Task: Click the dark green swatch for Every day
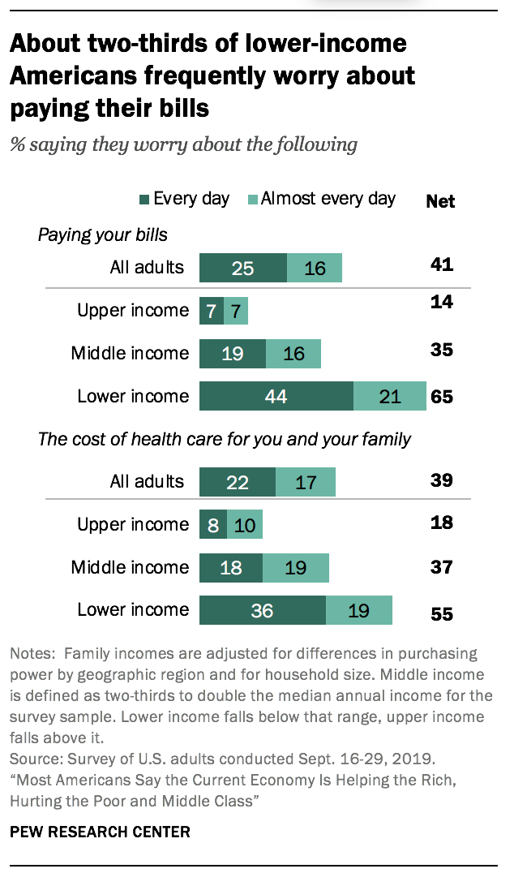click(145, 200)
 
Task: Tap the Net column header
click(440, 201)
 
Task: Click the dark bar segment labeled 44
click(276, 397)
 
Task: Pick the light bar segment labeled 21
click(390, 397)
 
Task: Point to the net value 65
click(442, 398)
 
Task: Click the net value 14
click(442, 302)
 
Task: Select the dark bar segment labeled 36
click(263, 610)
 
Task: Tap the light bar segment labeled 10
click(244, 525)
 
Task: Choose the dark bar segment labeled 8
click(213, 525)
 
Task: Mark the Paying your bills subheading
click(103, 235)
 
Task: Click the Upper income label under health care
click(133, 525)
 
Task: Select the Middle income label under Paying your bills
click(130, 353)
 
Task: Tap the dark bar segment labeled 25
click(243, 267)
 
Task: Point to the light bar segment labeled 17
click(306, 482)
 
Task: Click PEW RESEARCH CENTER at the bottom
click(101, 832)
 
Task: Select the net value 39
click(442, 481)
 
